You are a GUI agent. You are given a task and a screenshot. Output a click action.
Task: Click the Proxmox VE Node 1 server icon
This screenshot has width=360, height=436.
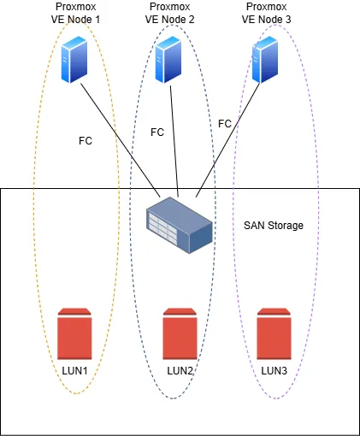point(74,60)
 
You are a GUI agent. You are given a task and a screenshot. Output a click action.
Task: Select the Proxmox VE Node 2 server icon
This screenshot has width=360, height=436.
point(168,60)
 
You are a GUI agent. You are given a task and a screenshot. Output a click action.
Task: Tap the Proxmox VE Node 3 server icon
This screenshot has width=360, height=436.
point(265,60)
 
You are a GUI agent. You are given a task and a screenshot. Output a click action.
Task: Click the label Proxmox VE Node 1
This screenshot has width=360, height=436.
point(75,13)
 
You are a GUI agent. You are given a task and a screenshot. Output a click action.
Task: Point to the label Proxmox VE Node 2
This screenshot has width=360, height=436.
point(170,13)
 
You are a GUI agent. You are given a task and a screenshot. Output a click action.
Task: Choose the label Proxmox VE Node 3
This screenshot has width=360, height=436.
point(267,13)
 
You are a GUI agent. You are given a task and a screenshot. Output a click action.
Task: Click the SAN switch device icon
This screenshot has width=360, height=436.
point(180,225)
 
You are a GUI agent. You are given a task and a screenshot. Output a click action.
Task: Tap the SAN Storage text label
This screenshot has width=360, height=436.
point(274,226)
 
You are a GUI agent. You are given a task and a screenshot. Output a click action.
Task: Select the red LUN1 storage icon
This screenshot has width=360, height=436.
point(74,333)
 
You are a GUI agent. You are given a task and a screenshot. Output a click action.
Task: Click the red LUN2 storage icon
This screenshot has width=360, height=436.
point(180,333)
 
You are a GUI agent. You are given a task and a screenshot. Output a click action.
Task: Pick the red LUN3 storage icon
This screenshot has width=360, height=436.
point(274,333)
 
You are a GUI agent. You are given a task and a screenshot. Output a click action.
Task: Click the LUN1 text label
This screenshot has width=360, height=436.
point(74,371)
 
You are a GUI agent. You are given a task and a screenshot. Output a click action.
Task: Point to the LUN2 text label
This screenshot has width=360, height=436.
point(180,371)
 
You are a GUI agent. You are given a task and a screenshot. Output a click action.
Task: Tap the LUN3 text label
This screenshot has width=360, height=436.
point(274,371)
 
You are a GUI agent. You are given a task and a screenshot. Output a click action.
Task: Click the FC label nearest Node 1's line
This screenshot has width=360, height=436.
point(86,141)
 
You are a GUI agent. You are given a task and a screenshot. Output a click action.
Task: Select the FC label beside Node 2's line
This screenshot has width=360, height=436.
point(157,133)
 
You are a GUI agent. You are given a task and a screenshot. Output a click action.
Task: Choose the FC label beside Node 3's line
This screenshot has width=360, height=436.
point(225,124)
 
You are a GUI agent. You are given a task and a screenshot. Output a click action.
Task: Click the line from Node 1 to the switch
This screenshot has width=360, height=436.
point(121,140)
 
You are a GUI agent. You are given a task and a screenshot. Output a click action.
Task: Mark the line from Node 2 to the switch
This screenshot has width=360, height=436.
point(174,141)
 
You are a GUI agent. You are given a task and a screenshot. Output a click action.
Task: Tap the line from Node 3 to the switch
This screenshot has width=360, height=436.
point(227,140)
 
